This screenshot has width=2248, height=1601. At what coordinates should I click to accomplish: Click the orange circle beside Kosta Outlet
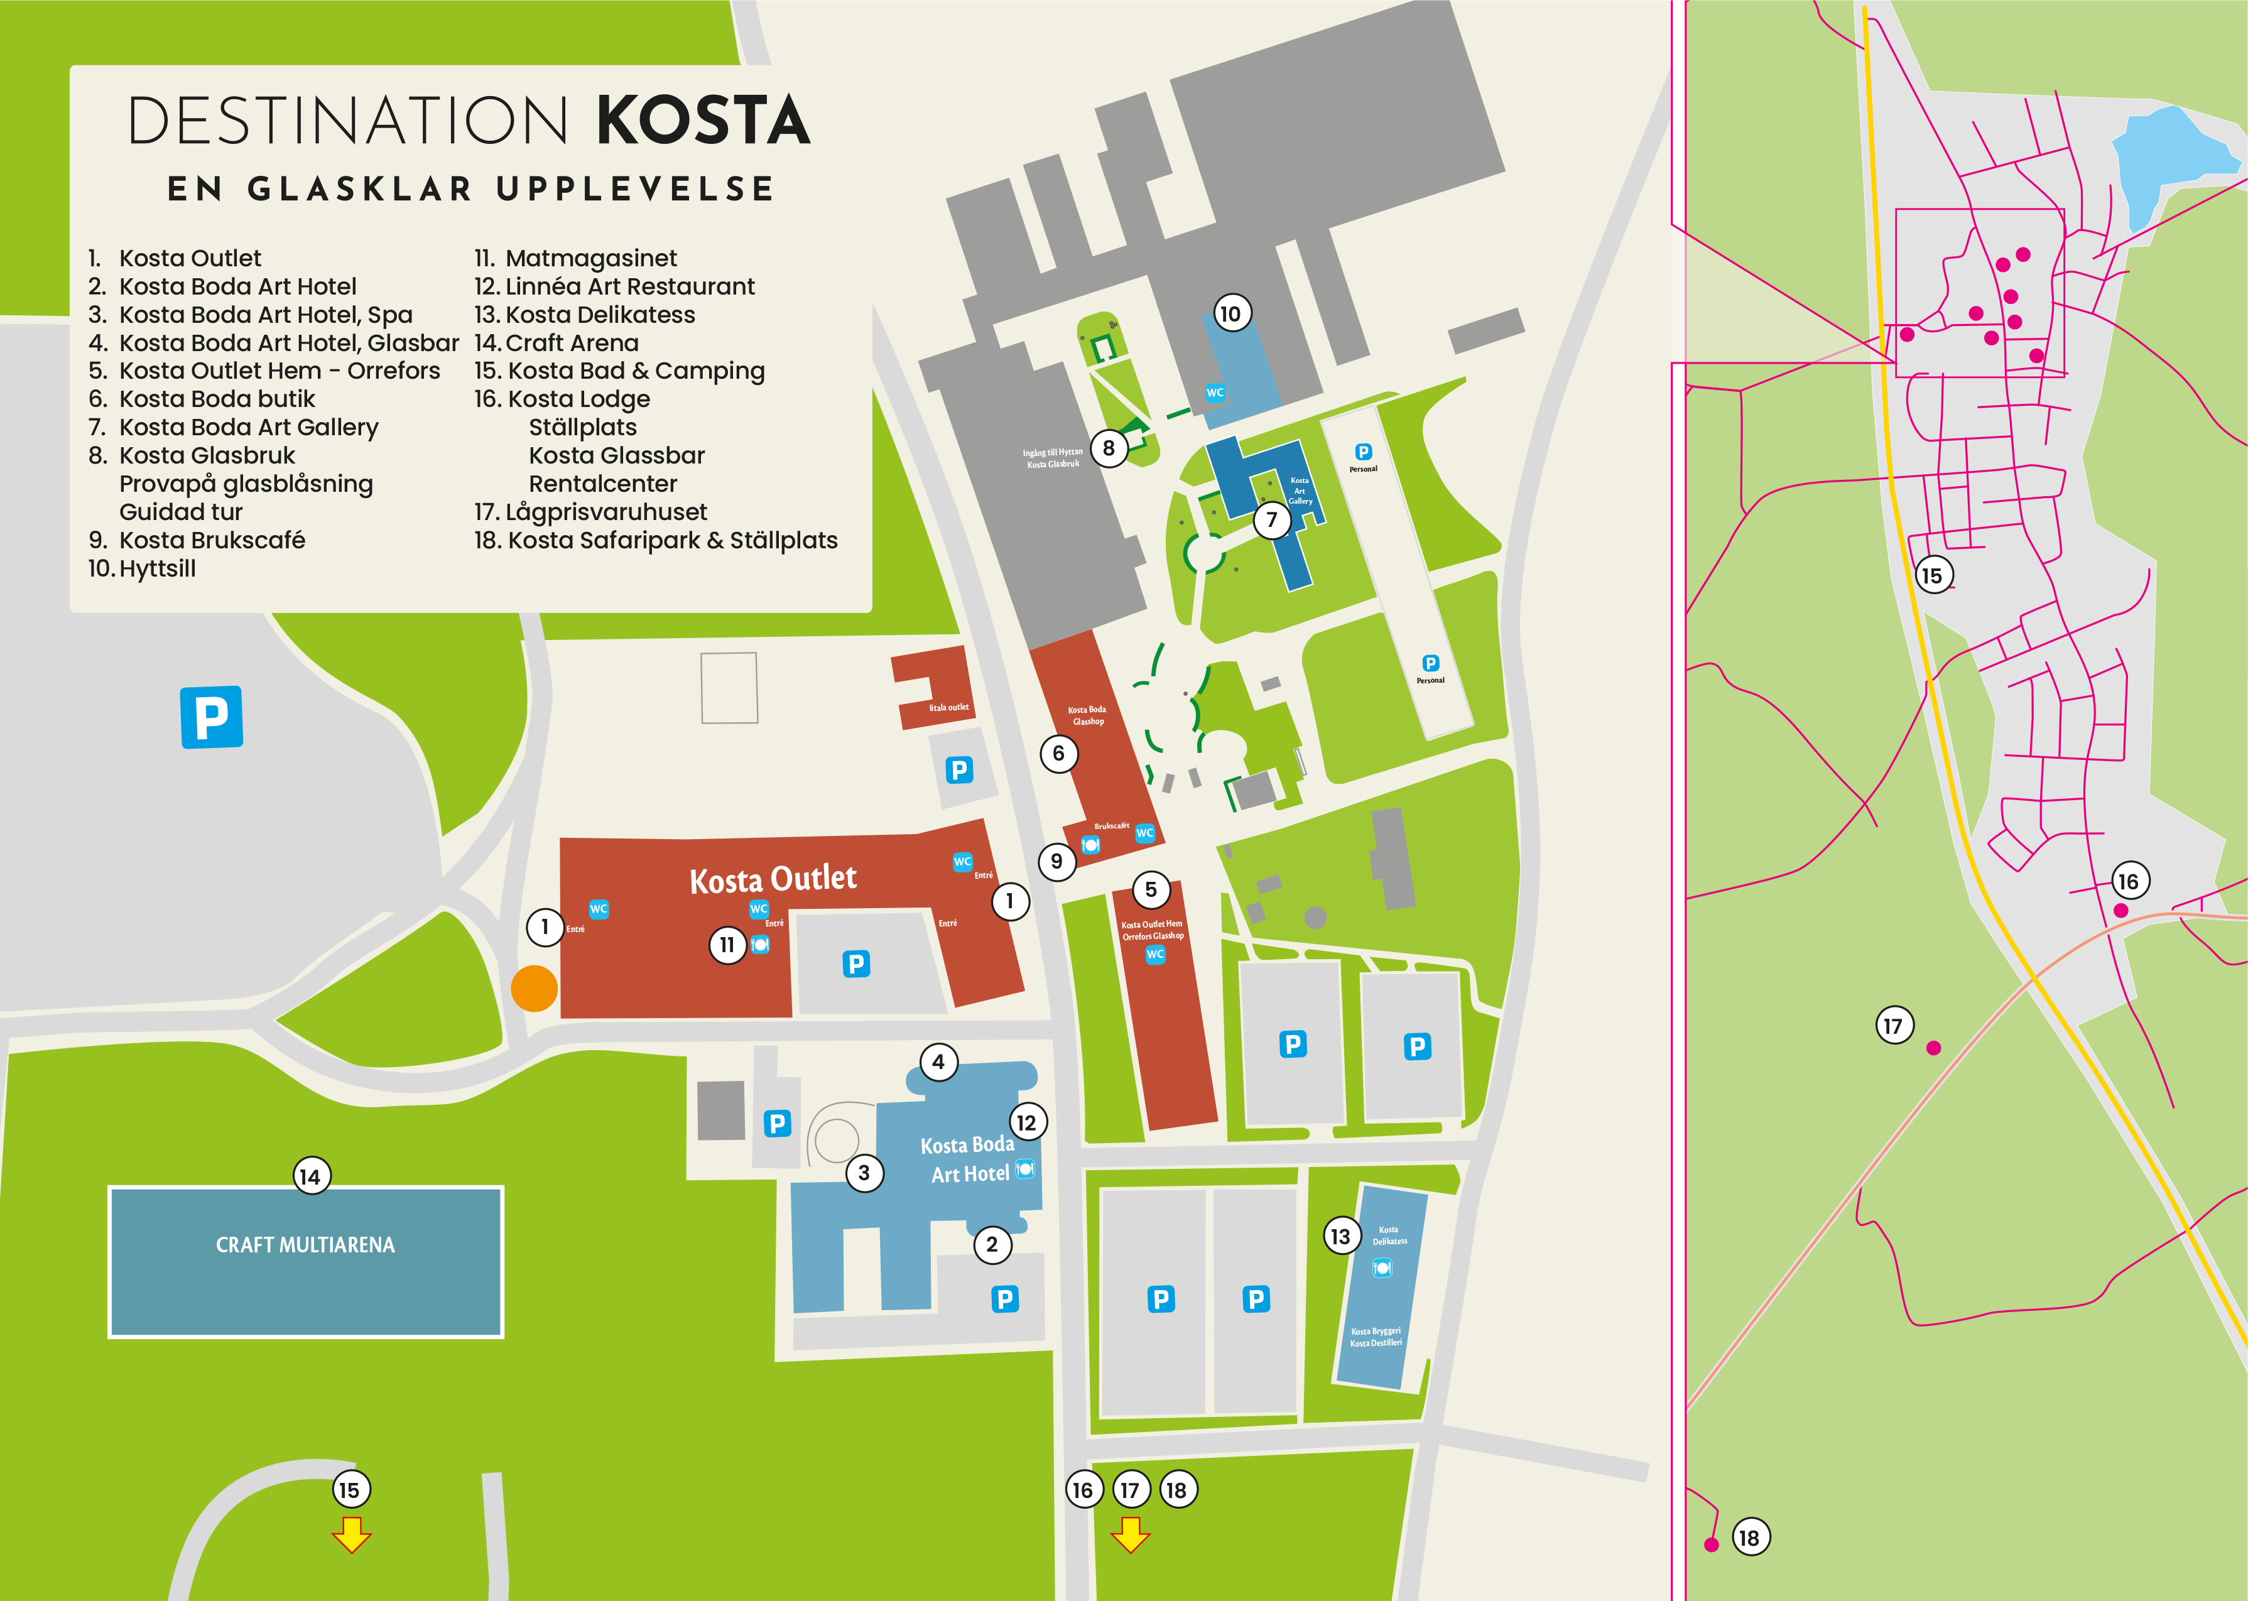[535, 988]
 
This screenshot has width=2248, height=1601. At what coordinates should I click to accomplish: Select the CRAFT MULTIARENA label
[306, 1245]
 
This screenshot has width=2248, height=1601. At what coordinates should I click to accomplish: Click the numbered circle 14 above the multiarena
[312, 1176]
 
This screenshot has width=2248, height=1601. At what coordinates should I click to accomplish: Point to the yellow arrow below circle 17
[1130, 1535]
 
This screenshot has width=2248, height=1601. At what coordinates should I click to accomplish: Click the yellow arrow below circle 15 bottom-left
[351, 1535]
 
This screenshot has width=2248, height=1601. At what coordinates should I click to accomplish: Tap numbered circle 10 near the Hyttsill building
[1230, 313]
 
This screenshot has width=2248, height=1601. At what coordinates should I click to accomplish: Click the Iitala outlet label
[948, 707]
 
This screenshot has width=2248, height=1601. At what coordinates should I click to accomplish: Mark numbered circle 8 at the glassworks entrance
[1108, 448]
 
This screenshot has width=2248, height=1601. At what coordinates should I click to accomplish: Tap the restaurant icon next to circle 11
[760, 945]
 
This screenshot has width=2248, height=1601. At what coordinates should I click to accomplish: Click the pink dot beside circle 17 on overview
[1933, 1048]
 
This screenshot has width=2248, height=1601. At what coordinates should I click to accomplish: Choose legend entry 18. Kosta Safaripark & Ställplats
[656, 540]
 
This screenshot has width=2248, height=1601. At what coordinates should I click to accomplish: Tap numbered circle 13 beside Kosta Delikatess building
[1340, 1236]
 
